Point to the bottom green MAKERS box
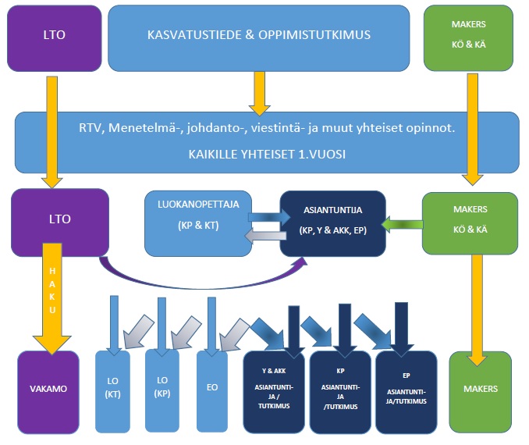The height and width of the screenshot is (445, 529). (480, 389)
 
